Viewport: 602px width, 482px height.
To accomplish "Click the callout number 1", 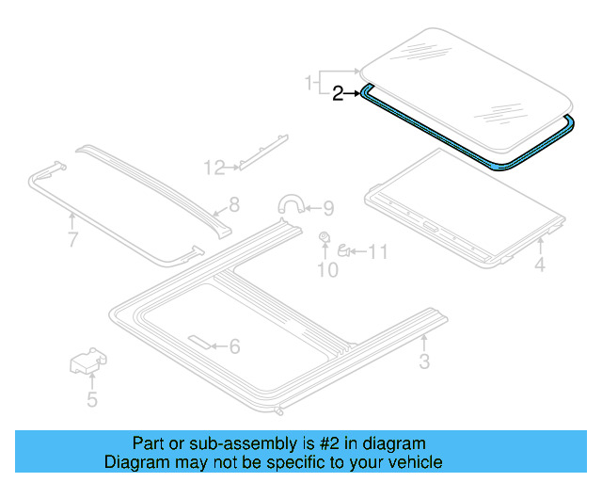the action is (309, 85).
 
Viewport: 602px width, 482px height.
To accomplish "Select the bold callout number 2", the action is (339, 92).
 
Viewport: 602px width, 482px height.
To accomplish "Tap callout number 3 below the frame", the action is (424, 361).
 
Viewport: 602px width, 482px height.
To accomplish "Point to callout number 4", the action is (540, 266).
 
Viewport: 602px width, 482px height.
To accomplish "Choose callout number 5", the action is (91, 400).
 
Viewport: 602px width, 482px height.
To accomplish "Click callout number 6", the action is (235, 346).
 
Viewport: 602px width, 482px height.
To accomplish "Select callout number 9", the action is (328, 208).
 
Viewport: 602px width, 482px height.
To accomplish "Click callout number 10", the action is (326, 271).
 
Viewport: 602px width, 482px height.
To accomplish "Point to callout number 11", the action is (377, 251).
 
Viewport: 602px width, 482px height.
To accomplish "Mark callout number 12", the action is (214, 168).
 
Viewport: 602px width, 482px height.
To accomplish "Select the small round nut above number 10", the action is (325, 237).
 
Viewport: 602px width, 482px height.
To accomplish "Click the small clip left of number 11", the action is (344, 250).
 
